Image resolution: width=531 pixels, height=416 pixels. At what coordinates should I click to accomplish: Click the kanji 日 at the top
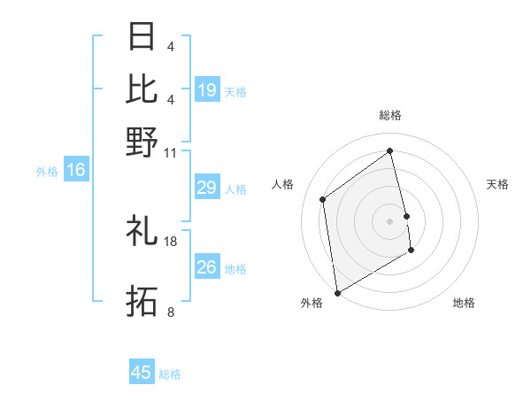click(x=142, y=37)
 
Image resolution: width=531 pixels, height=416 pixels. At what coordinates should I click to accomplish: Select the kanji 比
click(x=142, y=89)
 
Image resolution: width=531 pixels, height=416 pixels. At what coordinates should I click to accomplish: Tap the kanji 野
click(x=142, y=142)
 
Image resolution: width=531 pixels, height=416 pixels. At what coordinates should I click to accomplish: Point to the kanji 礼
click(x=142, y=231)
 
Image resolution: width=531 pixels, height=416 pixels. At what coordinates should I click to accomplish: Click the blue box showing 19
click(x=207, y=90)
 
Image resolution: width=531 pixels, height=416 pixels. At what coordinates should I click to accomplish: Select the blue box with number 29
click(x=206, y=188)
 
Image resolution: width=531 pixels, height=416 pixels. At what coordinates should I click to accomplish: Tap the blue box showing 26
click(x=206, y=267)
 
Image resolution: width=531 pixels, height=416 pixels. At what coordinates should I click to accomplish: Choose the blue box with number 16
click(x=76, y=171)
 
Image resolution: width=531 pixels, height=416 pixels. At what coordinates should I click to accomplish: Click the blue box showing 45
click(x=142, y=373)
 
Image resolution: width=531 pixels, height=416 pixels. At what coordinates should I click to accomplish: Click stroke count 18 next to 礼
click(x=171, y=241)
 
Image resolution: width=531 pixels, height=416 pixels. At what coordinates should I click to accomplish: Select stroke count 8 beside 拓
click(x=170, y=312)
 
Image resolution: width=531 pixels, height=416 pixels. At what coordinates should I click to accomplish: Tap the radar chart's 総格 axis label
click(x=390, y=115)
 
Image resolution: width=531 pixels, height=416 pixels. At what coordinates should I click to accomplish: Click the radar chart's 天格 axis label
click(x=498, y=184)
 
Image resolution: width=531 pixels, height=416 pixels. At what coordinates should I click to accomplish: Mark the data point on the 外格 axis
click(x=336, y=293)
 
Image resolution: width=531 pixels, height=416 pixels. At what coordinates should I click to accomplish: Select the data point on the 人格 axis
click(x=323, y=199)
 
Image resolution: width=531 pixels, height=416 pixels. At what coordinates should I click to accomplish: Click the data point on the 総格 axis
click(x=390, y=150)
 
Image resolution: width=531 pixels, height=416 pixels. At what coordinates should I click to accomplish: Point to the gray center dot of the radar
click(x=390, y=221)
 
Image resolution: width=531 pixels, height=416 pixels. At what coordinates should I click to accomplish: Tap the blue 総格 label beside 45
click(x=171, y=374)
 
